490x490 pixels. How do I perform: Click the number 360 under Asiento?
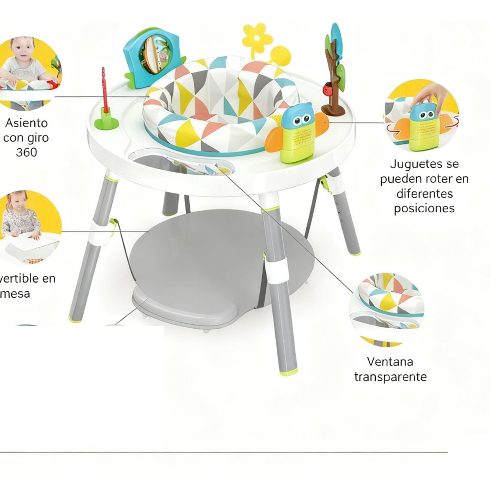tap(26, 152)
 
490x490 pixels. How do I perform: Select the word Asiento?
tap(26, 123)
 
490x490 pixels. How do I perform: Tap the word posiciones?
tap(424, 208)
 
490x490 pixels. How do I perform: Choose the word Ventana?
tap(390, 362)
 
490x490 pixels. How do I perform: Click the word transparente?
tap(390, 376)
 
